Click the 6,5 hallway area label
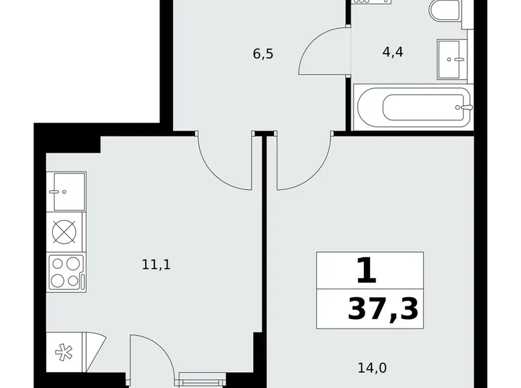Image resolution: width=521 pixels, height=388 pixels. pos(263,54)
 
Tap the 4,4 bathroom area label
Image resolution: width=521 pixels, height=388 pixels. pos(392,52)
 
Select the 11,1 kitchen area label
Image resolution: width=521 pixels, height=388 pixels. pos(156,264)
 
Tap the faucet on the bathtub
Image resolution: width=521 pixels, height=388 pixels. pos(466,107)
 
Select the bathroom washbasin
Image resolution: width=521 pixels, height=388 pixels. pos(454,58)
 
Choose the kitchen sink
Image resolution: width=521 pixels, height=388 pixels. pos(66,191)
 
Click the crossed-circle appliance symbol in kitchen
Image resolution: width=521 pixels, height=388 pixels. pos(65,232)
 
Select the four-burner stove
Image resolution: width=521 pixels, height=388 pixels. pos(65,272)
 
